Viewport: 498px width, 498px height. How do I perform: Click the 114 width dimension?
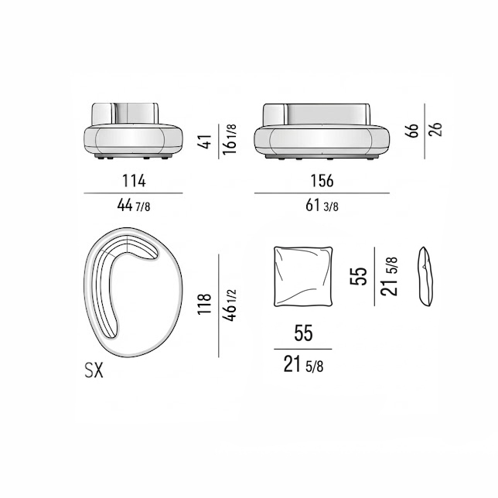134,181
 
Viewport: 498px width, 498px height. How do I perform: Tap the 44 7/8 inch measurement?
134,206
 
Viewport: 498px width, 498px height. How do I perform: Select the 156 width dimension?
322,181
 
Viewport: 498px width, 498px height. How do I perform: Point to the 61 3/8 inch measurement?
322,206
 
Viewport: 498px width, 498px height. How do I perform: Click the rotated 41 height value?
206,142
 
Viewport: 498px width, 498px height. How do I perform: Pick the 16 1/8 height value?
230,139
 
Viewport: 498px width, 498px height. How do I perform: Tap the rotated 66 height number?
412,130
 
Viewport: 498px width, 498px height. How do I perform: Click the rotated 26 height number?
435,130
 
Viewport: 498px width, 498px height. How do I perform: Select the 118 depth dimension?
204,304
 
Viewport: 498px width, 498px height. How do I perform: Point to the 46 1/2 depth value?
230,305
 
